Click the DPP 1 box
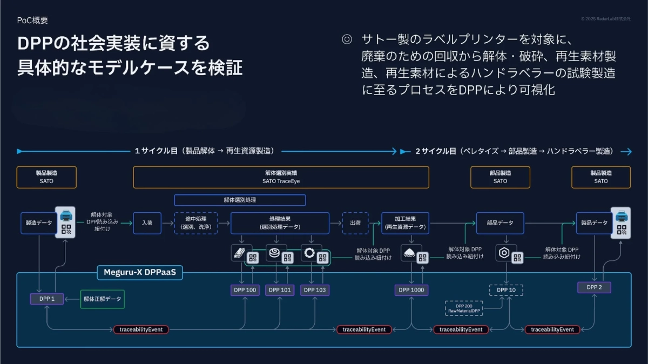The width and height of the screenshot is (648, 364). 46,299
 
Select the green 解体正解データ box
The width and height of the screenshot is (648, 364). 102,299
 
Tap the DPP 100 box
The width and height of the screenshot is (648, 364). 245,290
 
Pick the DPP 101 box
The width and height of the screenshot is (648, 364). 279,290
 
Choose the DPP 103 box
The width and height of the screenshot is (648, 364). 315,290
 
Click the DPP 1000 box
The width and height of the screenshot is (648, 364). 412,290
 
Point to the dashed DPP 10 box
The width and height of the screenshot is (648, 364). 506,290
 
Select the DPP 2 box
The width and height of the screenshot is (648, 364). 594,287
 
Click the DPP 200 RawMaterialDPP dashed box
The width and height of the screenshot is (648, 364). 464,308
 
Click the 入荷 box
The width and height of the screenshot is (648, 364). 147,223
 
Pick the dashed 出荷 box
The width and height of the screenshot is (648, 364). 355,223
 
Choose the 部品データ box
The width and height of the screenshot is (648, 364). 500,223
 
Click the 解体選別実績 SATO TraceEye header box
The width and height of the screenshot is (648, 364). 281,177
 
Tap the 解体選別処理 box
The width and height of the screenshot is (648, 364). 240,200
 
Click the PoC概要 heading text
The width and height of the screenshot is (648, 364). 32,21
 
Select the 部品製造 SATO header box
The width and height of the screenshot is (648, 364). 500,177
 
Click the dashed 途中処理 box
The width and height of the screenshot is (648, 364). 195,223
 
